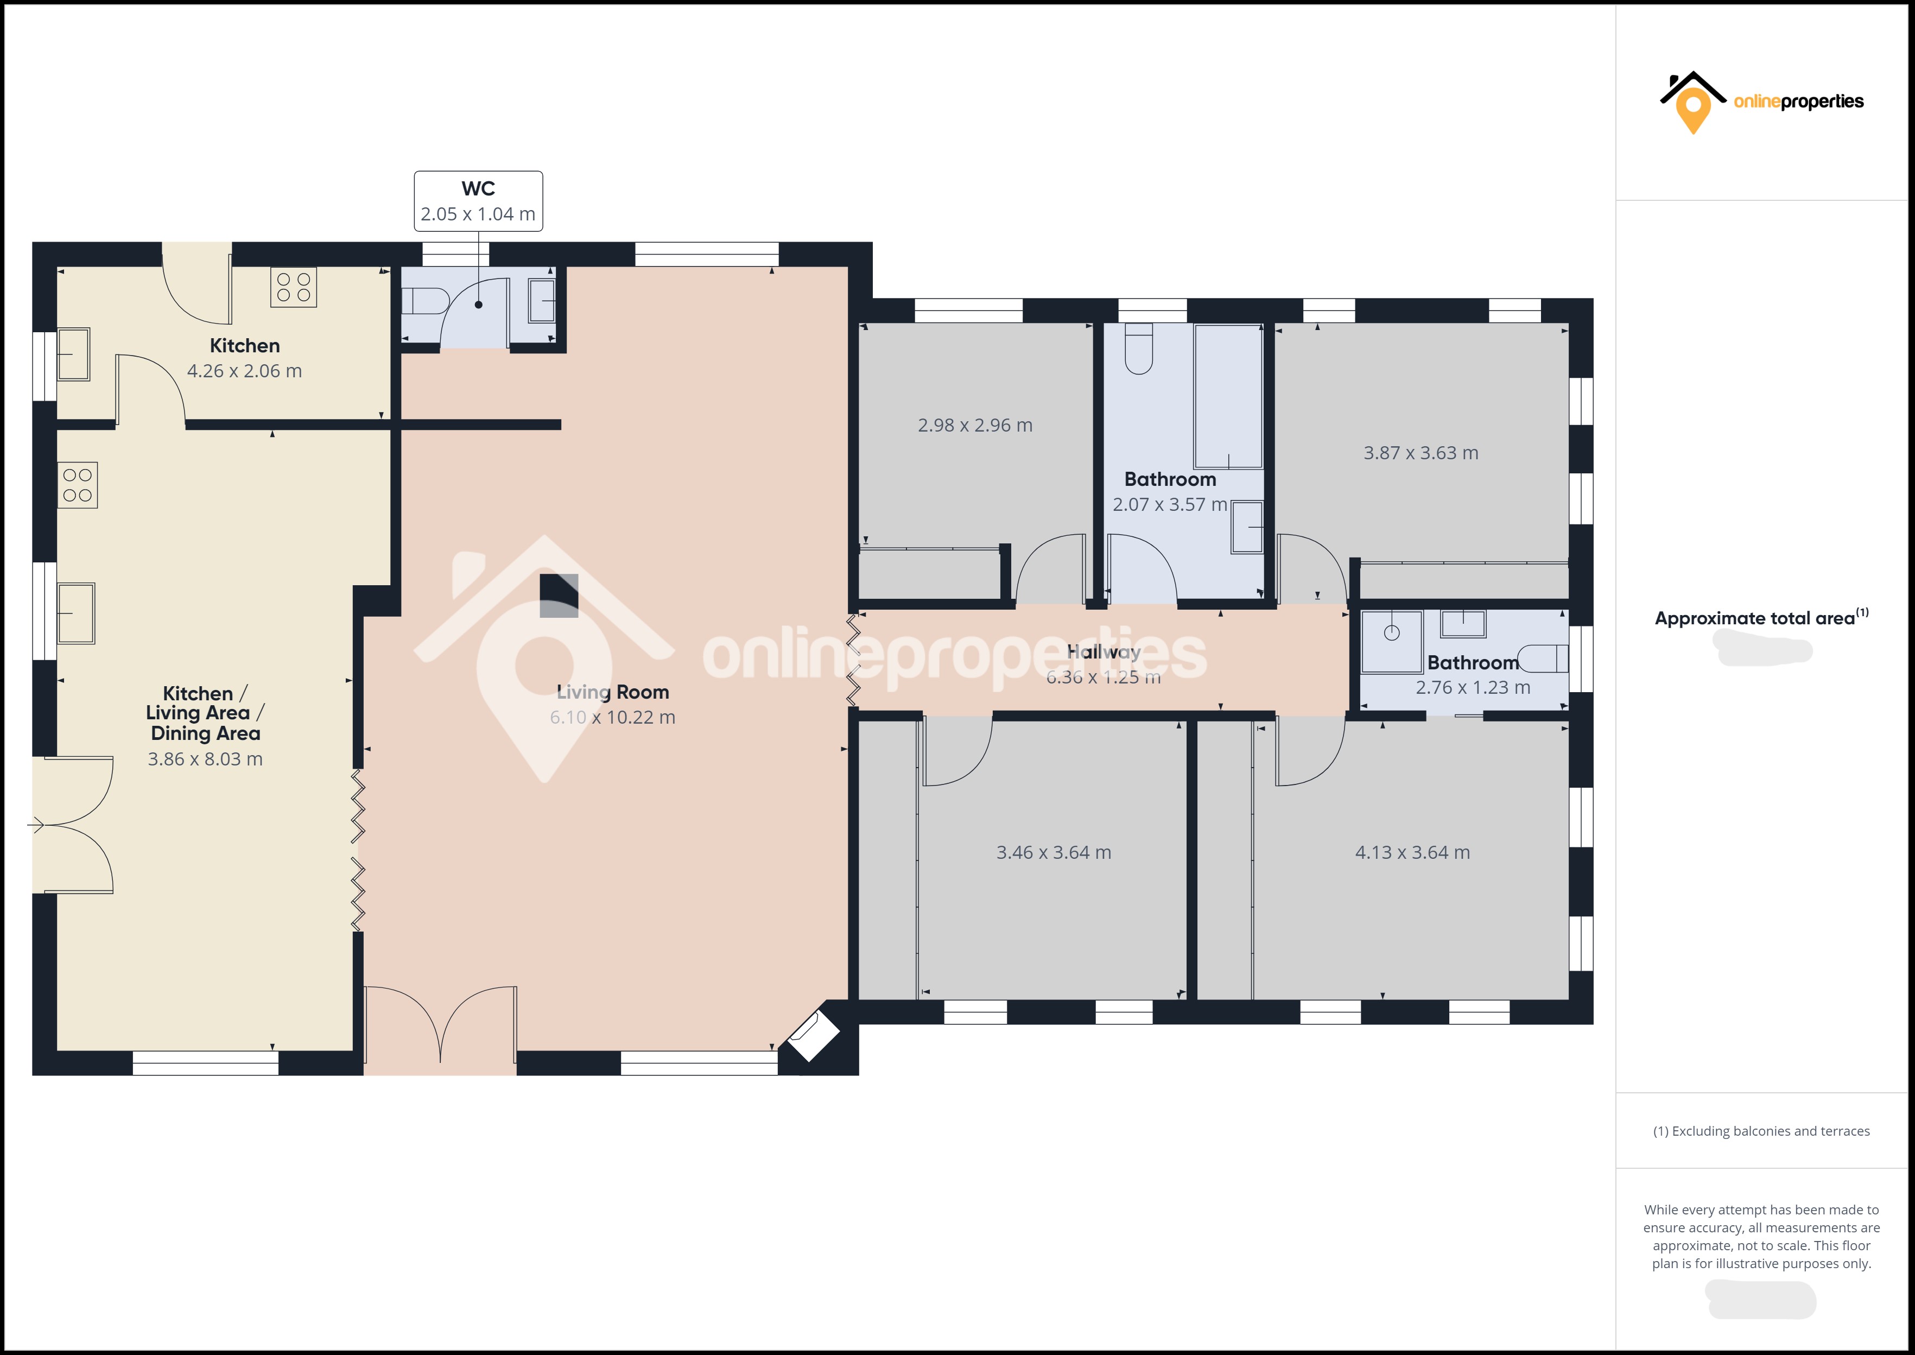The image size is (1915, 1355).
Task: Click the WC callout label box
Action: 478,201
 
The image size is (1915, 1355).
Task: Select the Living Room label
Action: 613,692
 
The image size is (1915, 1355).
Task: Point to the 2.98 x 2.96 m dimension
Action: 975,426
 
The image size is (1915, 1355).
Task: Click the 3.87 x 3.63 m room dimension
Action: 1421,453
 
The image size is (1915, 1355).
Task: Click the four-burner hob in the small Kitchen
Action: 294,288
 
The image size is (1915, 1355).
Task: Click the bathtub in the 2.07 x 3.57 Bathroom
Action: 1228,396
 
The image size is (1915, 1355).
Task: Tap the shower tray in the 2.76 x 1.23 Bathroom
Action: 1391,642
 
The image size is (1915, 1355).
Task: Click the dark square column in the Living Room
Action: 559,596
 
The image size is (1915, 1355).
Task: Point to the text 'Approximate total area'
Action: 1755,618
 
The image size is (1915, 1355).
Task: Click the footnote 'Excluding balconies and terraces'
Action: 1761,1131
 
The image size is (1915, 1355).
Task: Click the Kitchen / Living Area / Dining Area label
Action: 204,713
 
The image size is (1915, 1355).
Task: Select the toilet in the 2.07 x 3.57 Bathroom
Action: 1138,349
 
